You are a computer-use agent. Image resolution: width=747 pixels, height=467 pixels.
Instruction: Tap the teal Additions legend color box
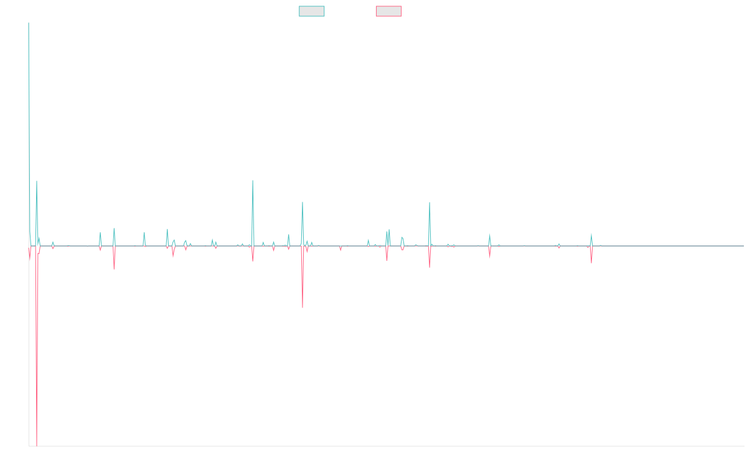point(312,11)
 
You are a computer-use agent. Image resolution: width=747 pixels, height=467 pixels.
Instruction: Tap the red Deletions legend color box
point(388,11)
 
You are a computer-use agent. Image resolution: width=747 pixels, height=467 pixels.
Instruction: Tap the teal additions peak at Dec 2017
point(253,181)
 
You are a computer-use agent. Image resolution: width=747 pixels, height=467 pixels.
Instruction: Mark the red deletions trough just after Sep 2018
point(303,308)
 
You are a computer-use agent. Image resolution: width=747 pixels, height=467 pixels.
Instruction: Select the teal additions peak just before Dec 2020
point(430,202)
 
